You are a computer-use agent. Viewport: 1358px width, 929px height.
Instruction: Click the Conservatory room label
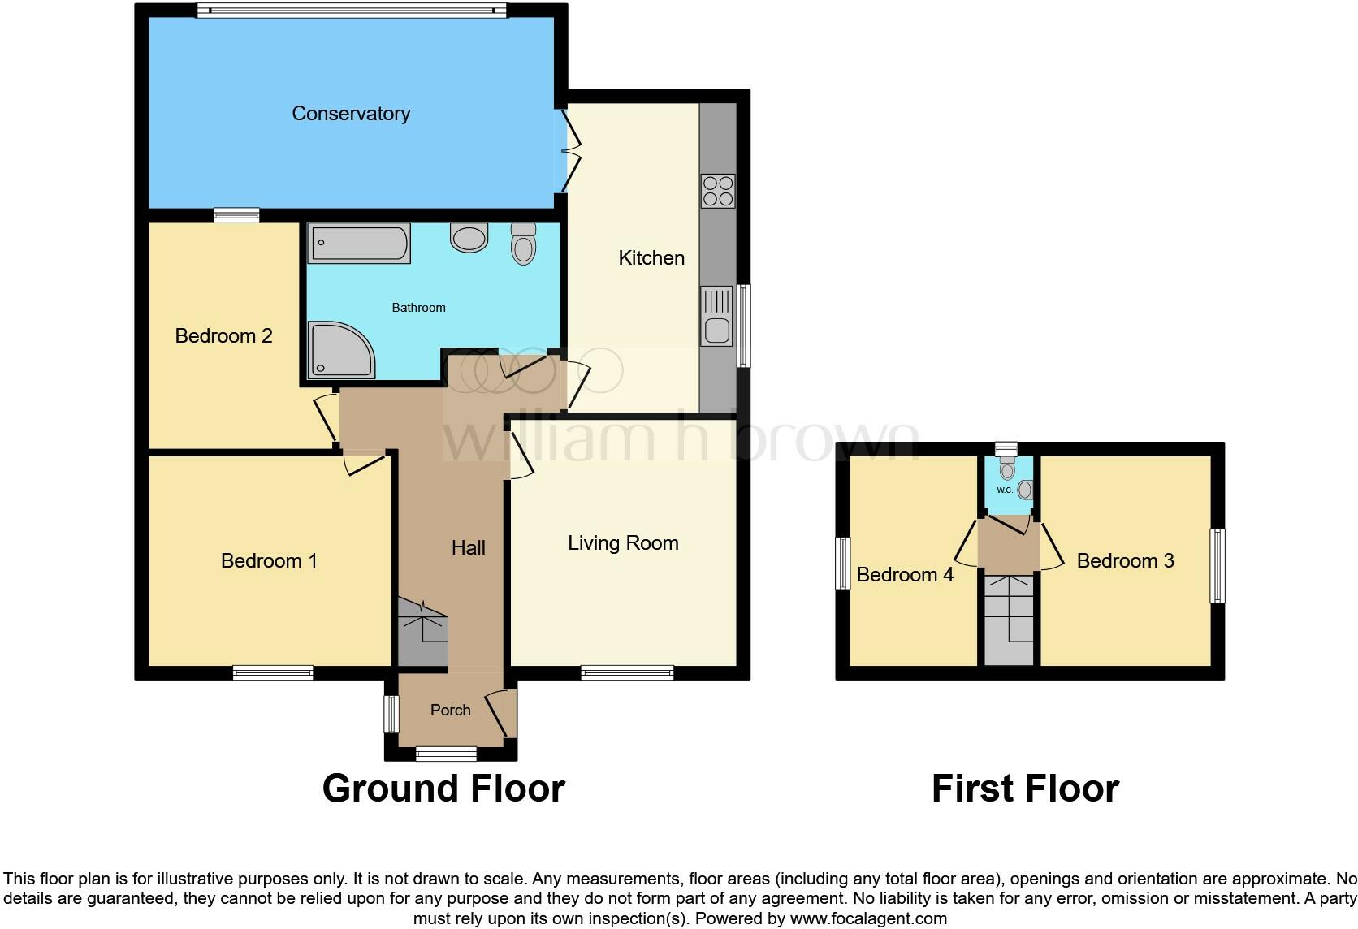tap(351, 114)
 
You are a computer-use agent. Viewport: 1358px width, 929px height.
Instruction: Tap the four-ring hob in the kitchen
tap(718, 191)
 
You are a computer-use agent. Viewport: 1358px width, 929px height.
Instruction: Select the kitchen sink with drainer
tap(716, 316)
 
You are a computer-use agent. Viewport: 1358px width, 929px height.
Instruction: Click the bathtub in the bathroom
tap(359, 243)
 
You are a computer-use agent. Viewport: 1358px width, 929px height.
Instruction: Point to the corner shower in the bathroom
tap(340, 350)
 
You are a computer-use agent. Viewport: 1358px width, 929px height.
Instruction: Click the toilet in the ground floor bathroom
tap(523, 244)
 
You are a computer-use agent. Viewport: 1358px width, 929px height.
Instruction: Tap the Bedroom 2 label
tap(223, 335)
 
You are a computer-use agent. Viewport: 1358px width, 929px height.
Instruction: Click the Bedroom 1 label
tap(269, 560)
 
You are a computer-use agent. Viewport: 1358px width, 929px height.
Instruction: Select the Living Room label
tap(623, 543)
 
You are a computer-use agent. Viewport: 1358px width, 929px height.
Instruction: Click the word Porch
tap(451, 710)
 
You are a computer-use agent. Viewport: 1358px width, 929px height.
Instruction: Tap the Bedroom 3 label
tap(1125, 560)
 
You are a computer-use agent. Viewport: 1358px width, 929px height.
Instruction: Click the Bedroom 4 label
tap(905, 574)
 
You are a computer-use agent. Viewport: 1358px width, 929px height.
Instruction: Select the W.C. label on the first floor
tap(1004, 490)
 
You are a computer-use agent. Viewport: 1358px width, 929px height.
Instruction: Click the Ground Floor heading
tap(443, 789)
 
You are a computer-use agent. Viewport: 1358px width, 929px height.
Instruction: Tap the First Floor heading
tap(1026, 789)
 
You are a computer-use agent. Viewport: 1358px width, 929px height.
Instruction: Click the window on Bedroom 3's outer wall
tap(1217, 566)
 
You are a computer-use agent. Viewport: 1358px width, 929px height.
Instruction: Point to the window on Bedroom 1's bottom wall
tap(273, 672)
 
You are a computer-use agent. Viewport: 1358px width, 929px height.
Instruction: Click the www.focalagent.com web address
tap(869, 918)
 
